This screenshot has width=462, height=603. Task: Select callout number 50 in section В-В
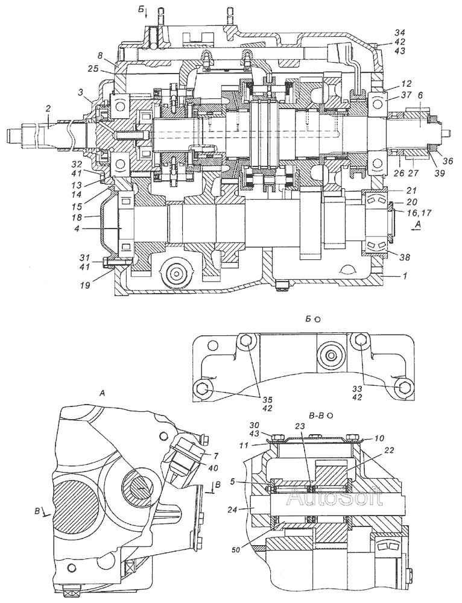236,550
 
